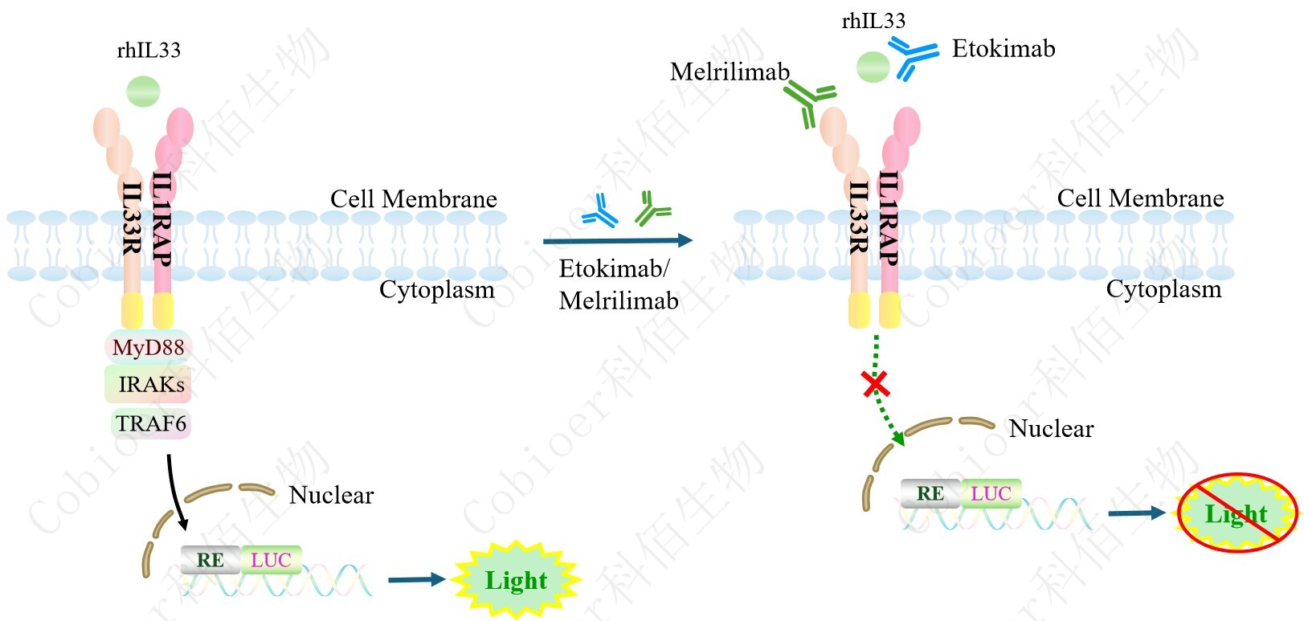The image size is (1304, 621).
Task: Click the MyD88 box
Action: tap(148, 347)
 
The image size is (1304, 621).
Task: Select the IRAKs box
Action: tap(149, 384)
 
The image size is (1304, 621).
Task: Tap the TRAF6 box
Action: tap(150, 423)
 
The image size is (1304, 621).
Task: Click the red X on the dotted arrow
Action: tap(875, 384)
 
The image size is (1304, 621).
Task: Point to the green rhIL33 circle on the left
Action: tap(144, 91)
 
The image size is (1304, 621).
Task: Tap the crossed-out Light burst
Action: tap(1237, 513)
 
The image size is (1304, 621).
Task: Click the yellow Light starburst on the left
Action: tap(516, 579)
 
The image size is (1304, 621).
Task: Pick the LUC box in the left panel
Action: tap(271, 559)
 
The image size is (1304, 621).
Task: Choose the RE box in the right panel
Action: tap(930, 493)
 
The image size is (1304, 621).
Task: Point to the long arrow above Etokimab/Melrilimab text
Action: tap(617, 240)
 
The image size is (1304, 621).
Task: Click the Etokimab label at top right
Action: tap(1003, 49)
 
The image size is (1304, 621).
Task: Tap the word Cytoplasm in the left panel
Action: tap(436, 289)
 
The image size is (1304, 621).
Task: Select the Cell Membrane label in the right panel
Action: tap(1140, 198)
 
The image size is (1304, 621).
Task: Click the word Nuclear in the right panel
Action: tap(1051, 429)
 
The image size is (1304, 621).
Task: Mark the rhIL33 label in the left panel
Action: tap(149, 51)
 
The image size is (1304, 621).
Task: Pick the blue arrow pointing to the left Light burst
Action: tap(416, 579)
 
